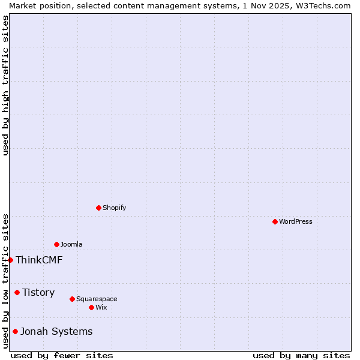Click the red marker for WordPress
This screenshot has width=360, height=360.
click(275, 221)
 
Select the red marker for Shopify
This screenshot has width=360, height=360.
click(98, 208)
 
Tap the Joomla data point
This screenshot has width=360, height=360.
click(56, 244)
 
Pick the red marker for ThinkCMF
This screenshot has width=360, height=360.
click(10, 260)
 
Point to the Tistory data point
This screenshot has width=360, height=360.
click(17, 292)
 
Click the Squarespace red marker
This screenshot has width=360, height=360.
click(72, 299)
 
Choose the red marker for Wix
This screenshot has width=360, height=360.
click(91, 307)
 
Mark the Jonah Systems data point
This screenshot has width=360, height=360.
click(15, 331)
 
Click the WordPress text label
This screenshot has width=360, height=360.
click(296, 221)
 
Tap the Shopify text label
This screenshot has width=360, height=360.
click(114, 208)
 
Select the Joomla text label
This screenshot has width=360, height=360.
click(71, 244)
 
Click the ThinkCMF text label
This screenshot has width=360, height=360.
click(39, 260)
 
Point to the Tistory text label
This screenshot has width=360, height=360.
click(38, 292)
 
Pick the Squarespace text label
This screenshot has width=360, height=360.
click(97, 299)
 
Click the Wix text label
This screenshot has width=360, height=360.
click(101, 307)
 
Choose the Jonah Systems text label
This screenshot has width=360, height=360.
click(56, 331)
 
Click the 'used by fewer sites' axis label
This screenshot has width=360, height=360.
click(62, 355)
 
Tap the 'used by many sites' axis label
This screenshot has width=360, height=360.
click(301, 355)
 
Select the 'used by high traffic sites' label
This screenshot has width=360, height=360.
click(5, 85)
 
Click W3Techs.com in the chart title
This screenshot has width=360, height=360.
click(321, 5)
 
